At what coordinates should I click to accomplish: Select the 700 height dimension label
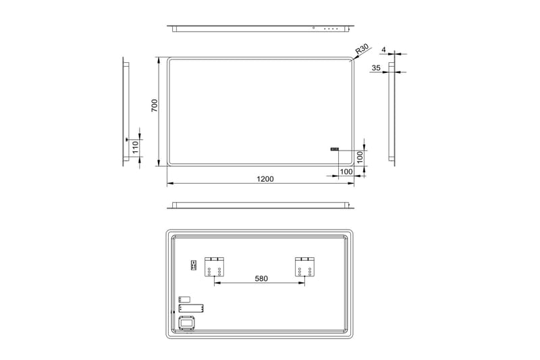click(x=154, y=106)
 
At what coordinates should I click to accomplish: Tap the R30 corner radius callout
click(x=362, y=49)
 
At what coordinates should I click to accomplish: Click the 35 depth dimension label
click(x=376, y=68)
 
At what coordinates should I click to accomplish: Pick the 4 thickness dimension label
click(x=383, y=50)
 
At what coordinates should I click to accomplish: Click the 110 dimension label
click(x=134, y=147)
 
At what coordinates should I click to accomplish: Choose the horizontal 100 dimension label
click(x=346, y=172)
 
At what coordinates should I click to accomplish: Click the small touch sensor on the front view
click(x=334, y=150)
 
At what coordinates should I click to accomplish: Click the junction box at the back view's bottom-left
click(x=187, y=325)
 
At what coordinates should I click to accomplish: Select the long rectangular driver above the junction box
click(x=190, y=309)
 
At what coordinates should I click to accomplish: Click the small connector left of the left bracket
click(x=193, y=265)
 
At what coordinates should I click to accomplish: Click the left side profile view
click(x=125, y=112)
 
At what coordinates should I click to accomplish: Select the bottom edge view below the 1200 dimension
click(x=260, y=205)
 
